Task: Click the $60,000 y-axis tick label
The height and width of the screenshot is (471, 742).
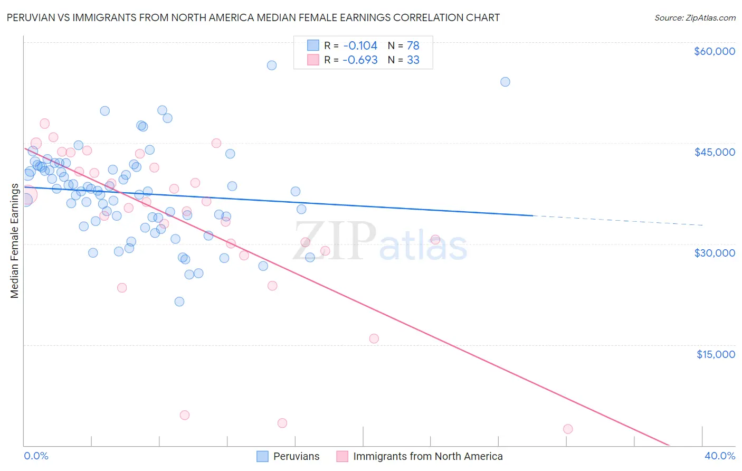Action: point(715,51)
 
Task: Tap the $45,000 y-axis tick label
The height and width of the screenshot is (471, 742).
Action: point(715,152)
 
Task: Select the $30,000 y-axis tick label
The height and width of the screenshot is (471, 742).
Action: point(715,253)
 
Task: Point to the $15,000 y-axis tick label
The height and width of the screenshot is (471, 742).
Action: point(716,354)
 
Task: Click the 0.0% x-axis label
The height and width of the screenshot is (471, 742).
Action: point(36,456)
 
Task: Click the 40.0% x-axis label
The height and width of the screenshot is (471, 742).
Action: point(720,456)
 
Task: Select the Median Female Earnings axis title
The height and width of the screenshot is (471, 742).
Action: point(15,241)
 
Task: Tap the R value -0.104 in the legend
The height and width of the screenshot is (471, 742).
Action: point(360,46)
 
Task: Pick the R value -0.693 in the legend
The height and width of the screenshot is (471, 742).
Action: point(360,60)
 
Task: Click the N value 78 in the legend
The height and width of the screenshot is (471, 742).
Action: point(413,46)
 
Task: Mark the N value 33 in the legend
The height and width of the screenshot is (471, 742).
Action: point(413,60)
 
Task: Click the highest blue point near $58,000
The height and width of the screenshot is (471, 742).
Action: point(272,65)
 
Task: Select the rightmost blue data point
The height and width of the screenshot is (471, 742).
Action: point(505,82)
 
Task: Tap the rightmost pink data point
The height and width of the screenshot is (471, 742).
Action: point(568,429)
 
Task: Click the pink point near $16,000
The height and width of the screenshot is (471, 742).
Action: point(374,339)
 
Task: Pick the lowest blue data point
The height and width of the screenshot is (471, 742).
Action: point(179,302)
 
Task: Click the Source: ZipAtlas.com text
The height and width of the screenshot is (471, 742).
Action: point(695,18)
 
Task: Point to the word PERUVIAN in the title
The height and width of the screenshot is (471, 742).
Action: point(31,18)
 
